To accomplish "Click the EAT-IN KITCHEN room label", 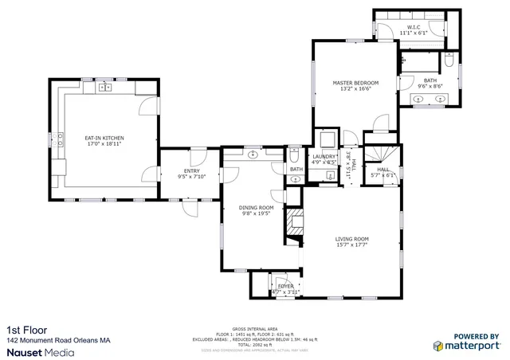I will [104, 138].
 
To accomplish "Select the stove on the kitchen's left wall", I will [60, 141].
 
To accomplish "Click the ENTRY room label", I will [191, 170].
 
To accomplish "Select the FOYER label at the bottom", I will [284, 286].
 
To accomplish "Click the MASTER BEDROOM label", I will [355, 83].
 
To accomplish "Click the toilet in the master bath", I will [449, 62].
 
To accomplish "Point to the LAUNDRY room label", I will [324, 156].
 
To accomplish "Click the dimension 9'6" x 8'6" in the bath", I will [430, 85].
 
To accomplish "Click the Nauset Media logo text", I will [41, 350].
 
